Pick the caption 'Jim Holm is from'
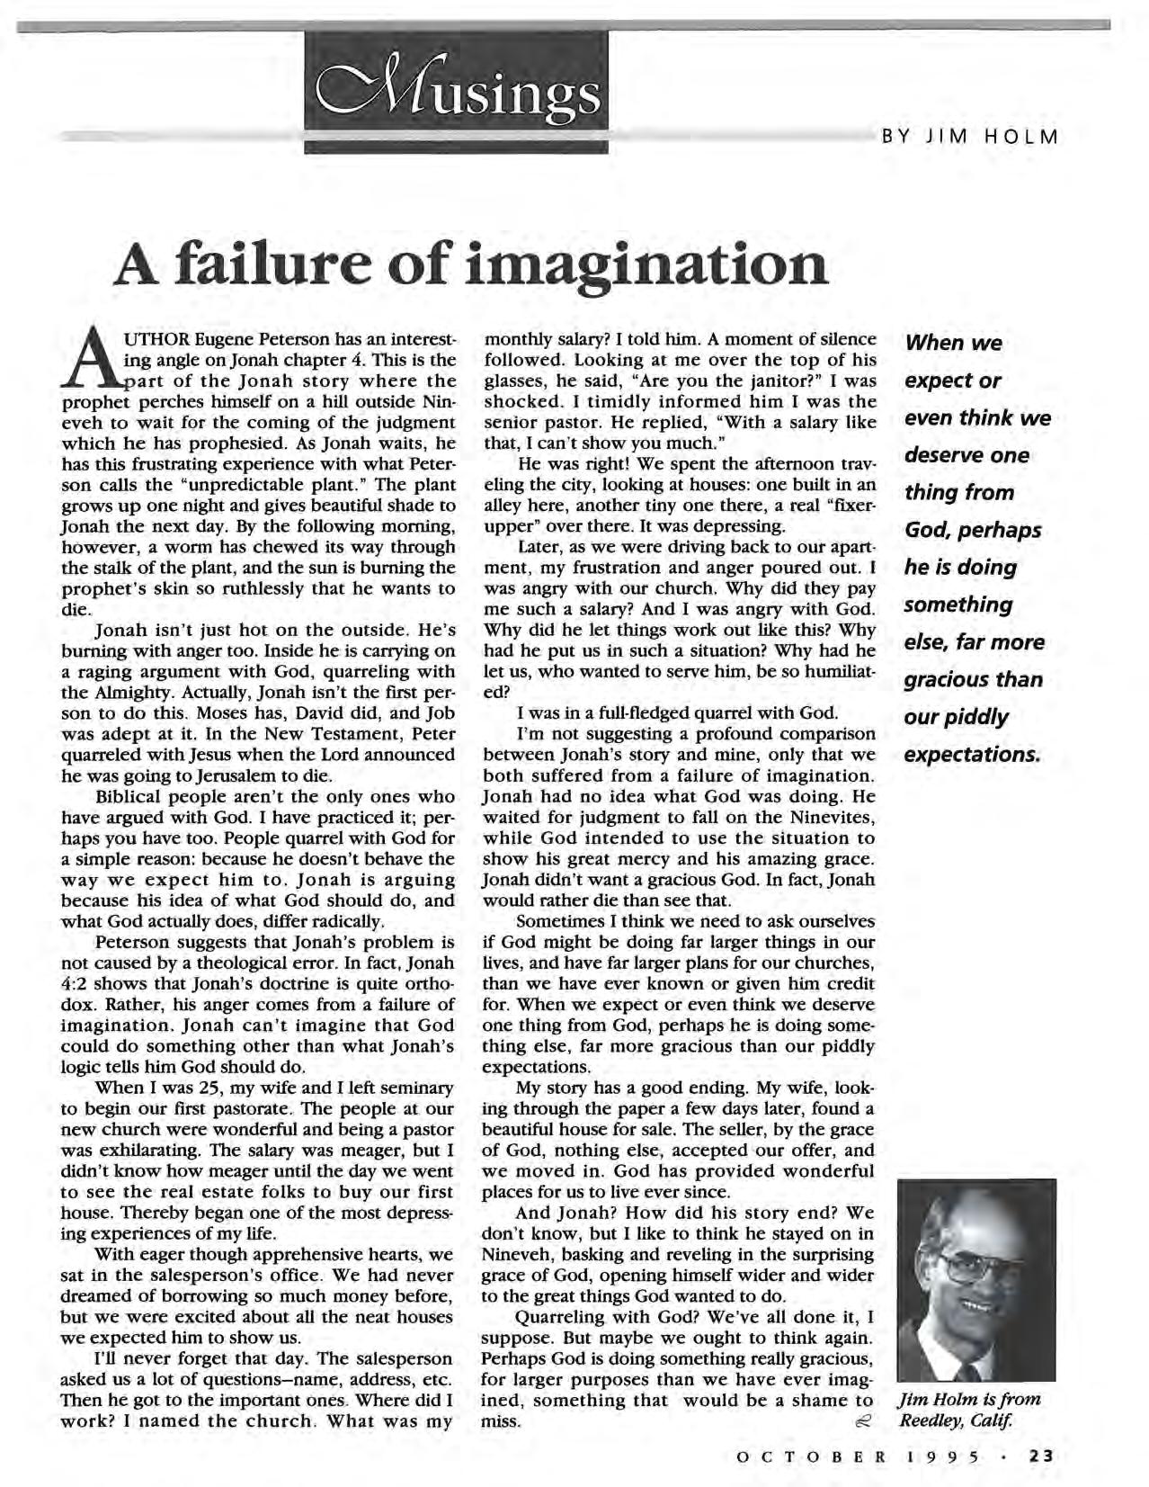pos(968,1399)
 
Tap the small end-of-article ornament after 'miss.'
pos(862,1422)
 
